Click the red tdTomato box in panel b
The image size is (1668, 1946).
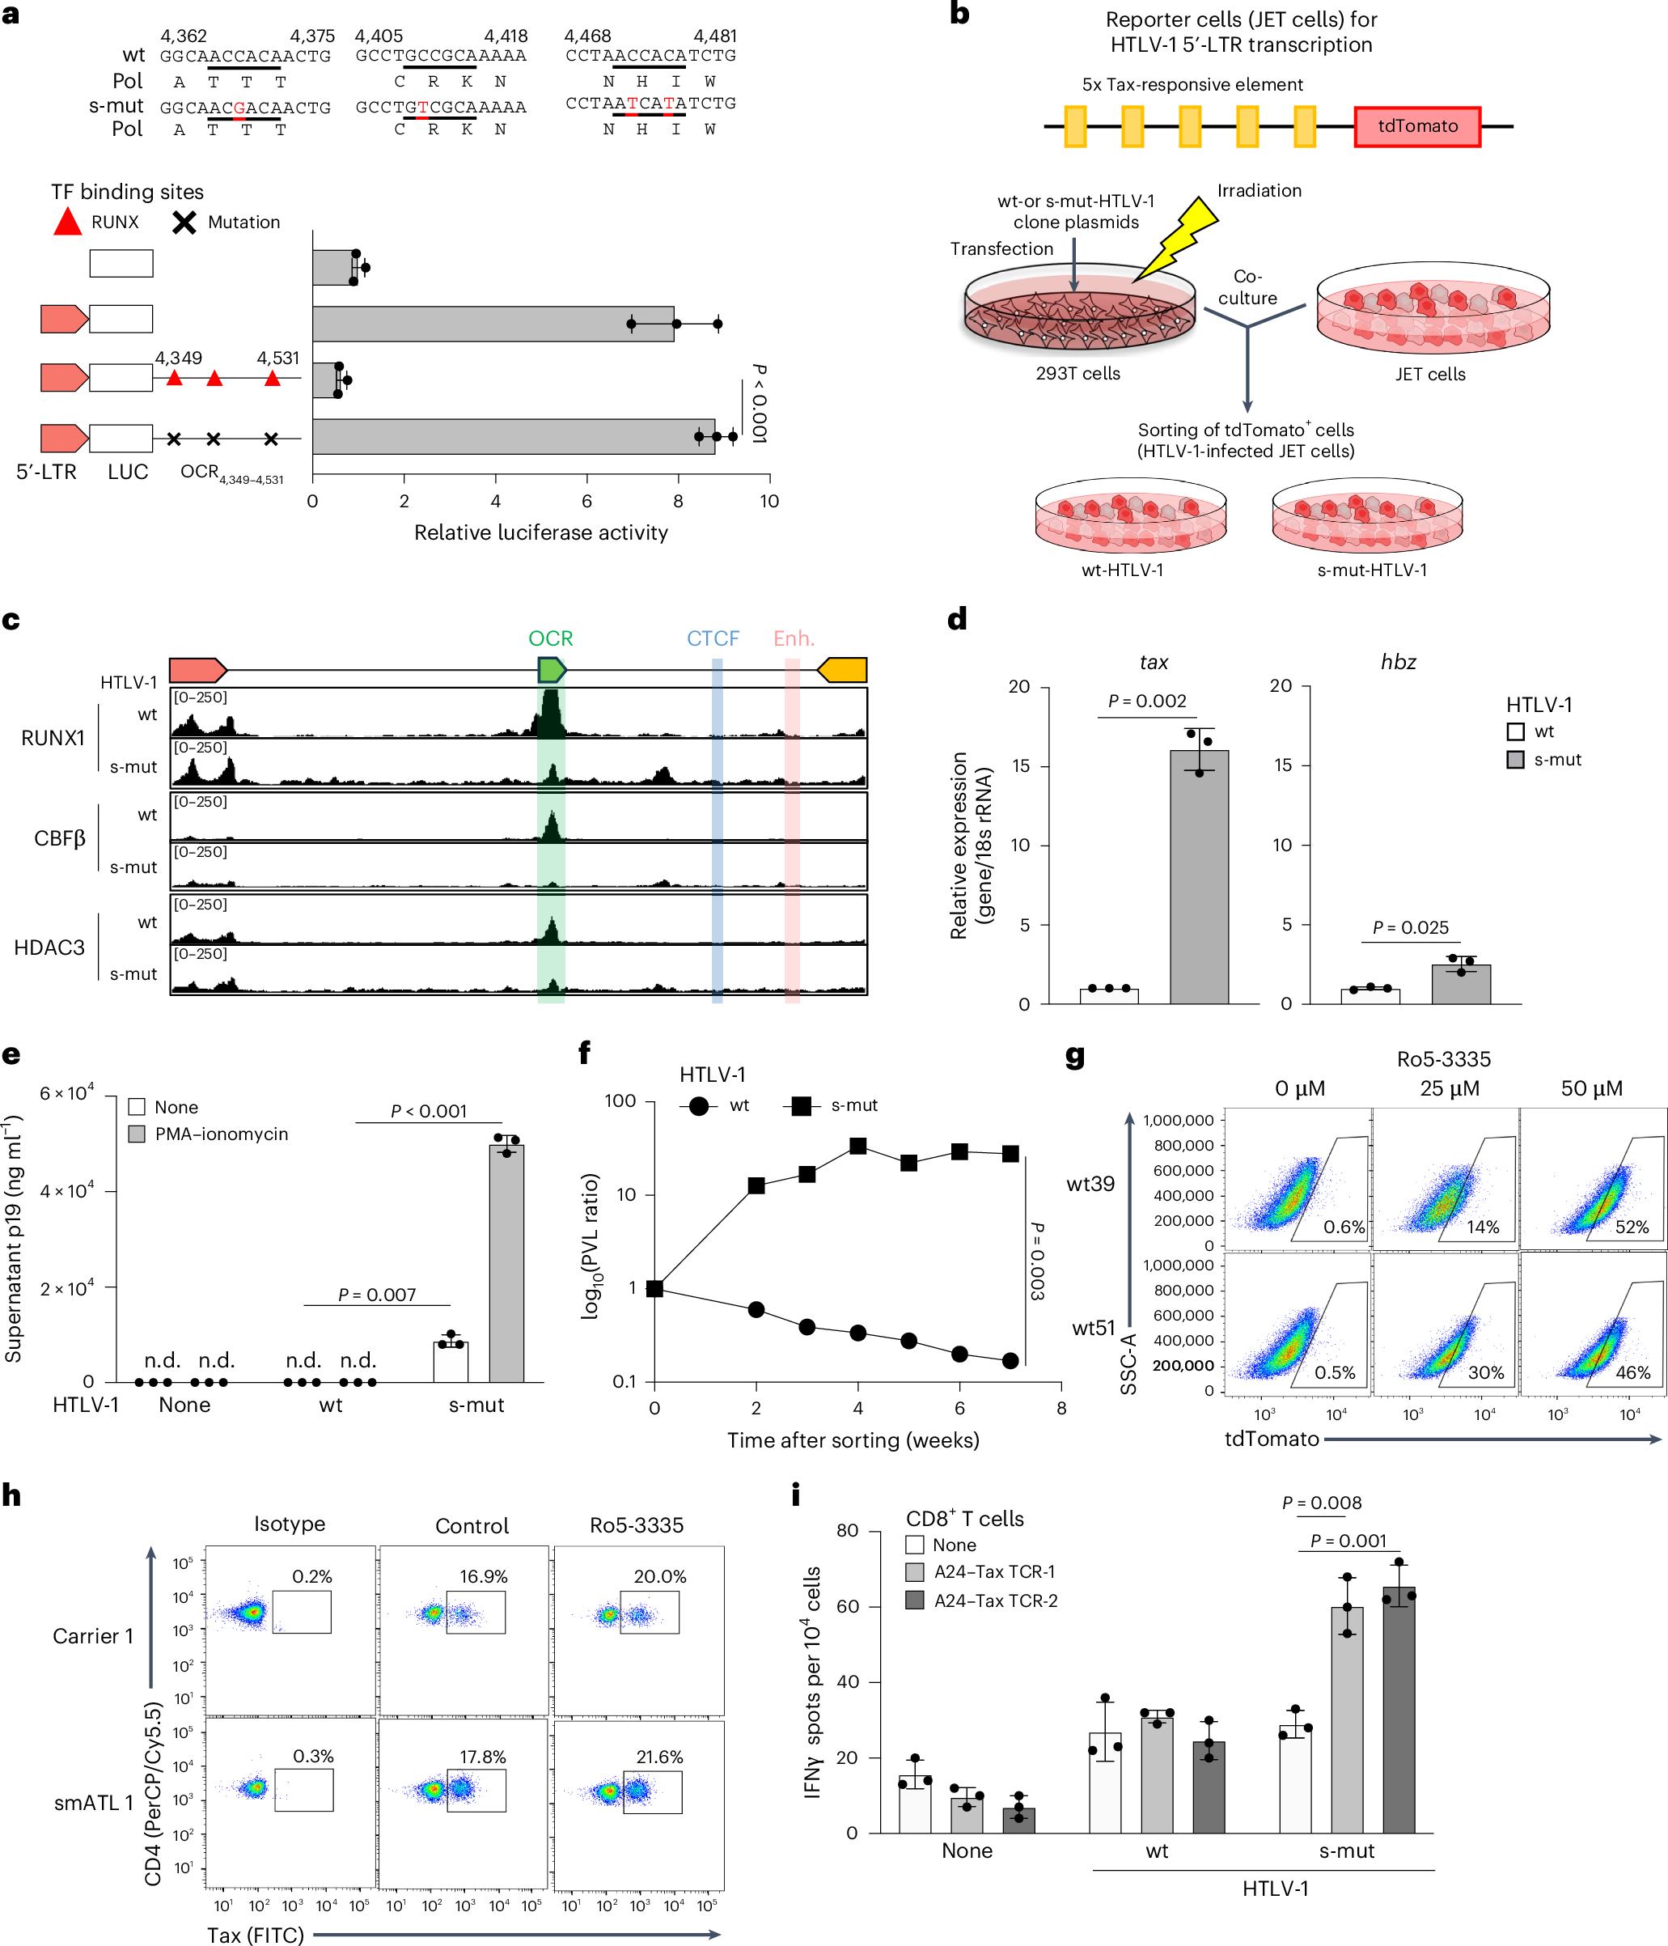pos(1416,126)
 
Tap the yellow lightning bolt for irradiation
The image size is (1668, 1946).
pos(1179,238)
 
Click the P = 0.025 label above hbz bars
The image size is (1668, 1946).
pos(1410,927)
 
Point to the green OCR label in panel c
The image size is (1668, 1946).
pos(550,638)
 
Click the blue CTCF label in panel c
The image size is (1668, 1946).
pos(713,638)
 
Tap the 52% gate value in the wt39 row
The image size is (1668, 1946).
pos(1632,1227)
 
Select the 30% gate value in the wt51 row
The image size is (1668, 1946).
pos(1486,1372)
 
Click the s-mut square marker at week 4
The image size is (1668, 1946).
pos(857,1146)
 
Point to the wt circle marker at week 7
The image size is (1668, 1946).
pos(1010,1361)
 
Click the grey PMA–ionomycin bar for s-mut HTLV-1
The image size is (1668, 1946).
pos(506,1262)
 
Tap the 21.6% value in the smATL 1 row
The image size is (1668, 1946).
pos(659,1757)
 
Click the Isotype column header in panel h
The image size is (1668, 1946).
pos(290,1524)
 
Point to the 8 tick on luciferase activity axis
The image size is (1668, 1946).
pos(678,501)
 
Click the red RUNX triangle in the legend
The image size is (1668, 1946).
pos(68,223)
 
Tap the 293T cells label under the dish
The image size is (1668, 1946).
pos(1077,373)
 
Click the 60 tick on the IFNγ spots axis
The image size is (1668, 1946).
pos(847,1606)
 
